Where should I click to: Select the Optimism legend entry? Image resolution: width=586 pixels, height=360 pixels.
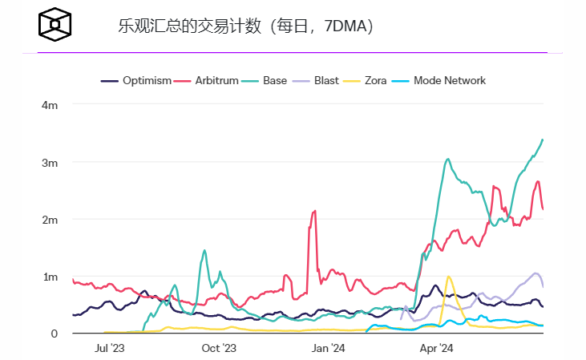coord(136,80)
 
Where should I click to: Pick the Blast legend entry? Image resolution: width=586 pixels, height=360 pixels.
coord(318,80)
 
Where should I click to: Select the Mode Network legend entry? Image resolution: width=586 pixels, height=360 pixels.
coord(440,80)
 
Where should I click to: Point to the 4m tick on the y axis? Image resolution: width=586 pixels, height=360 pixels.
coord(50,105)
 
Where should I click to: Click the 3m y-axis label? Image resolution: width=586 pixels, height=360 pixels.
coord(50,163)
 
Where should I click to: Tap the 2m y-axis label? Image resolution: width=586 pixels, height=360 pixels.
coord(50,220)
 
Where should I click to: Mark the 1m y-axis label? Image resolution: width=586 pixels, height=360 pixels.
coord(50,277)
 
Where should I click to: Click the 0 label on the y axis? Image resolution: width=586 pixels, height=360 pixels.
coord(55,334)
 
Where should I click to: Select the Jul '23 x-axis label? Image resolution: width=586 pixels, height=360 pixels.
coord(110,348)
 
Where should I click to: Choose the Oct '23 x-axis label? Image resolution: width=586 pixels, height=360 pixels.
coord(219,348)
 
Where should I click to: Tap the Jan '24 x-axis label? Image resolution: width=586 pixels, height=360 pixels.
coord(328,348)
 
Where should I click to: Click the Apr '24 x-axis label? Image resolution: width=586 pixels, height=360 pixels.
coord(437,348)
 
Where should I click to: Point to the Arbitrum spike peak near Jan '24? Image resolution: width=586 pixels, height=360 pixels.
coord(314,211)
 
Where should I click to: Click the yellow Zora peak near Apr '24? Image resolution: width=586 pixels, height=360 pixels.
coord(448,277)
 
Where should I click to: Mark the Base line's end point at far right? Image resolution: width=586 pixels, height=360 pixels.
coord(543,140)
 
